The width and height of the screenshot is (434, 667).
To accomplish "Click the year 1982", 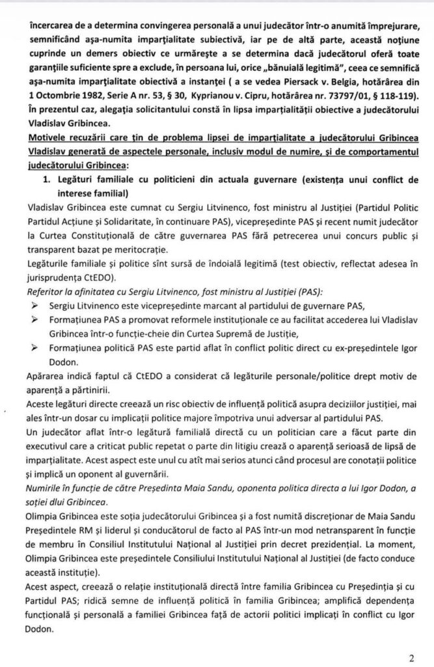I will point(79,113).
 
